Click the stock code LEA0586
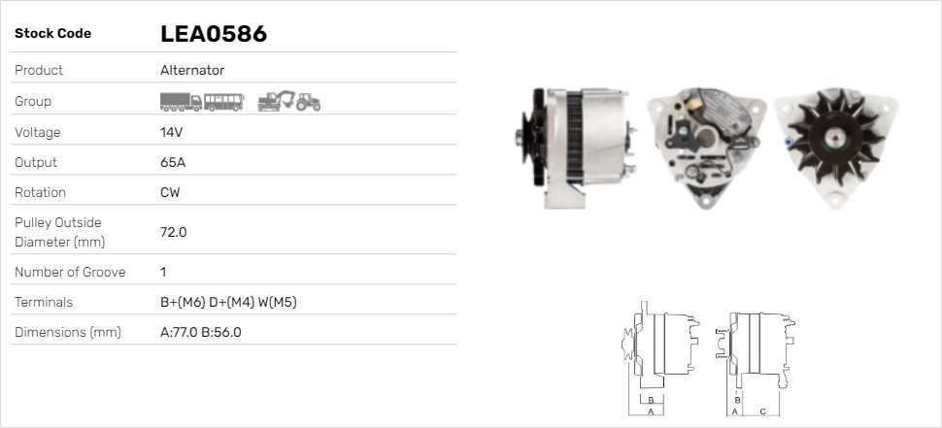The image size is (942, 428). pos(213,34)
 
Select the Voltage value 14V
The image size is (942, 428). pos(172,132)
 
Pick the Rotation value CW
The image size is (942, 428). pos(170,192)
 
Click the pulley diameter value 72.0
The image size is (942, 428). pos(173,232)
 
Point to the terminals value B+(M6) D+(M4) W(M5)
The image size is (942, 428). pos(228,302)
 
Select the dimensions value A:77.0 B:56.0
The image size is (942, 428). pos(200,332)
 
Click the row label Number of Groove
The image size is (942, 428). pos(70,272)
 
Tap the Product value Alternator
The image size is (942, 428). pos(192,70)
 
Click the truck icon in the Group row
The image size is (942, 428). pos(181,101)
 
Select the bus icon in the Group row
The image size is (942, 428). pos(223,101)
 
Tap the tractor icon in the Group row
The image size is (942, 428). pos(309,102)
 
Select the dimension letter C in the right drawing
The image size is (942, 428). pos(762,411)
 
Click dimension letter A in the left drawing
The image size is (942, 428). pos(651,412)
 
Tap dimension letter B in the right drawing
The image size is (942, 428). pos(738,400)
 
